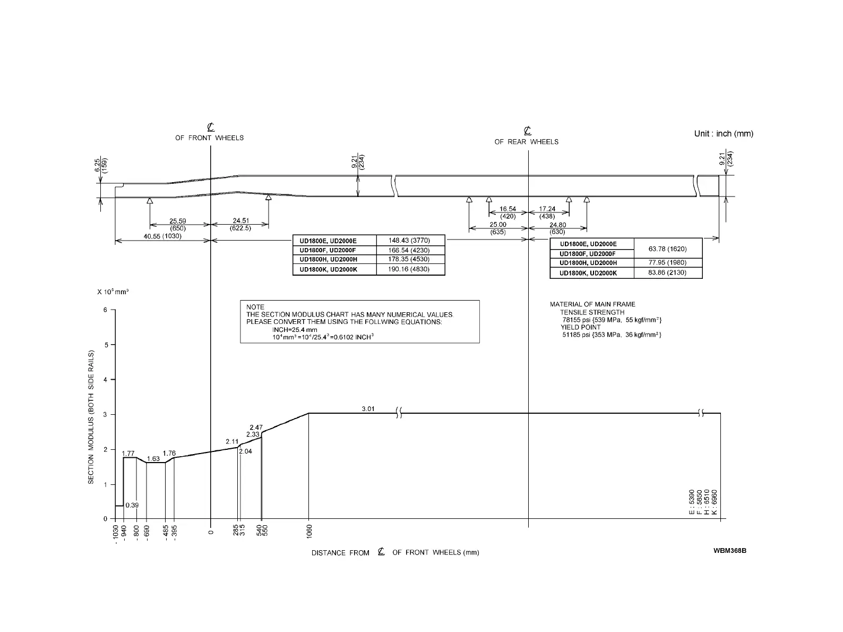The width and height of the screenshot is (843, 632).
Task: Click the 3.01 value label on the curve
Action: pos(368,408)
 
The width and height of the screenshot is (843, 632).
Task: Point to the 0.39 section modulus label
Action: pos(132,505)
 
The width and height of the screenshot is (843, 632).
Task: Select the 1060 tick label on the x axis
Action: pos(309,531)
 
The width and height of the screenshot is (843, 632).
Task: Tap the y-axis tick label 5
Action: pos(105,345)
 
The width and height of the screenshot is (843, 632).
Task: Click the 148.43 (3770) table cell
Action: pos(409,241)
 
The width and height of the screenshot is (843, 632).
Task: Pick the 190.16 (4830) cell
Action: pos(409,269)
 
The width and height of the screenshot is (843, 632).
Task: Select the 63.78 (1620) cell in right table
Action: pos(667,249)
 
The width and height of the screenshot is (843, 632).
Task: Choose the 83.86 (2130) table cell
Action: pos(667,272)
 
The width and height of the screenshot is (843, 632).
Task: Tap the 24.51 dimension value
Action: pos(245,221)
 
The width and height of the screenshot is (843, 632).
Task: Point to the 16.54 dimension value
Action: pos(507,209)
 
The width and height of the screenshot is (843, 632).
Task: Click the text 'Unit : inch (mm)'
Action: pos(724,133)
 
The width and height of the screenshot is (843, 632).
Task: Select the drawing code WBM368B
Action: pos(730,550)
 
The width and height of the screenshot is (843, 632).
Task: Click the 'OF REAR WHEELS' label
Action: pos(526,142)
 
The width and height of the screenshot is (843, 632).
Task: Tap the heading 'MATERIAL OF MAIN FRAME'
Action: pos(592,304)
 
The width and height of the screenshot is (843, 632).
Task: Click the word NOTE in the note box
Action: pos(255,307)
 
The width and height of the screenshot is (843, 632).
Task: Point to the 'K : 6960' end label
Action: pos(715,502)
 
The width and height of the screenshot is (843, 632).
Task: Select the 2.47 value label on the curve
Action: pos(256,427)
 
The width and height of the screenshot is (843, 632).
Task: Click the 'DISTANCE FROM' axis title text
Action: pos(340,553)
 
